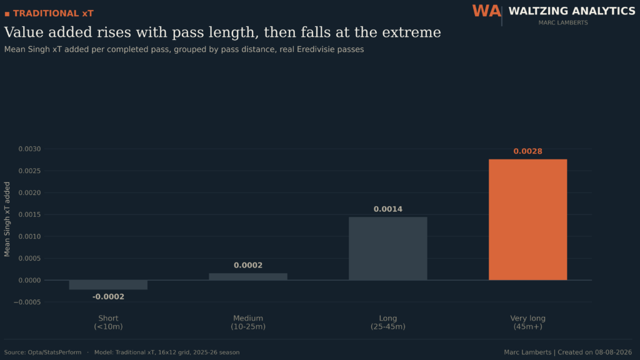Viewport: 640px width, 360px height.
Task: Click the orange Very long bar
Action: pos(527,219)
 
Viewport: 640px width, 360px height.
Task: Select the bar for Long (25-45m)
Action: pos(387,249)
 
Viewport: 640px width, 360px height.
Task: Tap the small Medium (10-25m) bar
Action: pos(248,277)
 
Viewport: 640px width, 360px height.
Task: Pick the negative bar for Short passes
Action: pos(108,285)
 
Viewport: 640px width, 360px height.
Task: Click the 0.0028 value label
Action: pos(527,151)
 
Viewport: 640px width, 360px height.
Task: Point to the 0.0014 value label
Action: pos(387,209)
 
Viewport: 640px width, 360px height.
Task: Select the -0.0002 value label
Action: pos(108,297)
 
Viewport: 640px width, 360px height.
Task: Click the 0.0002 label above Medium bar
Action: pos(248,265)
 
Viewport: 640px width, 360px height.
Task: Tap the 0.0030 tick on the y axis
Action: pos(30,149)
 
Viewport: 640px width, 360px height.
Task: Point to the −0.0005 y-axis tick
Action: pos(27,302)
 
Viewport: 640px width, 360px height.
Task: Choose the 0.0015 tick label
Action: pos(30,215)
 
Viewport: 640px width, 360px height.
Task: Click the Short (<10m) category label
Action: pos(108,322)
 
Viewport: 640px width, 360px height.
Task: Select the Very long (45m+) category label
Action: pos(527,322)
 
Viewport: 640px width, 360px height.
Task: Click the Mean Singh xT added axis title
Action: pos(7,219)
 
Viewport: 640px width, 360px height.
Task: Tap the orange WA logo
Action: pos(486,11)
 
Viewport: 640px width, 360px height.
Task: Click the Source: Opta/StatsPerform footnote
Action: pos(43,352)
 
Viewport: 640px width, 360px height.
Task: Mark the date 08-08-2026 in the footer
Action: pos(613,352)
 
